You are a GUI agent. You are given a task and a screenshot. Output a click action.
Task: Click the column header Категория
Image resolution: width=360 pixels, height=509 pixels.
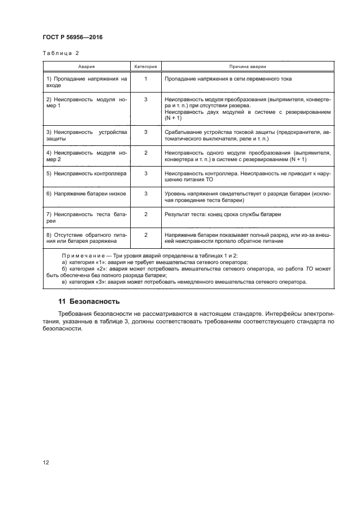[x=145, y=66]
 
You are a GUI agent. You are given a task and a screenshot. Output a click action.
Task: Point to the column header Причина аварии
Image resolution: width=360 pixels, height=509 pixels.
[x=247, y=66]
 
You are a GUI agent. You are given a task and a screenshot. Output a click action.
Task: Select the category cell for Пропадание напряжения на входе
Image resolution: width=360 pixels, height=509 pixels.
[x=145, y=79]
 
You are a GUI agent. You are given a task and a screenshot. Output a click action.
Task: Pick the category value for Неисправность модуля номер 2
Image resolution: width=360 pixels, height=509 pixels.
[x=145, y=152]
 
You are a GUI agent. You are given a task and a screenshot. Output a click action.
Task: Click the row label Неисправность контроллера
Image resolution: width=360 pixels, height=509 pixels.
[x=87, y=173]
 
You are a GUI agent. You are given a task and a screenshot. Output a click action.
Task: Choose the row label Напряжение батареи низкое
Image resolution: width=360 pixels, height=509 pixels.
[x=87, y=194]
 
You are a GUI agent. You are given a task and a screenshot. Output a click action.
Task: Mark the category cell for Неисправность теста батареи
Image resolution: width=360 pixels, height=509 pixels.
[x=145, y=214]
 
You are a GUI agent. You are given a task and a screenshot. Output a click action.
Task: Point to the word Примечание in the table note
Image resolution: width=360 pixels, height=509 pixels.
[x=82, y=255]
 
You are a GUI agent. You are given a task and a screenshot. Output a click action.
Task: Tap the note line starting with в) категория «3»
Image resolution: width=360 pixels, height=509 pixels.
[x=185, y=281]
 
